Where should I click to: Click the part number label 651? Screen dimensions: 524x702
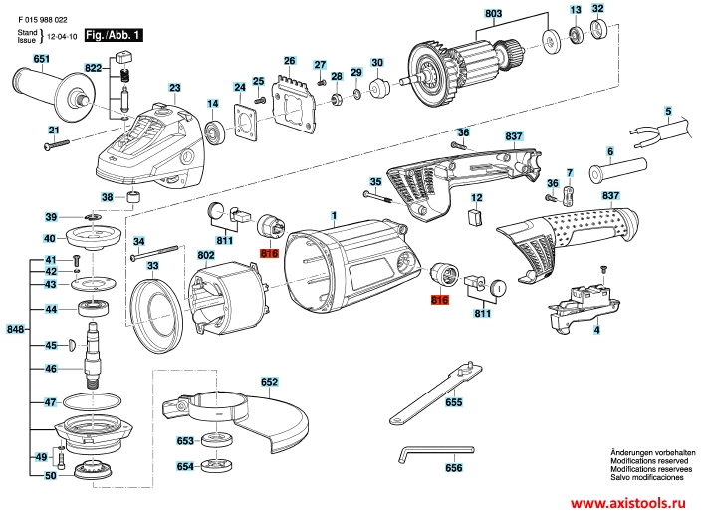pyautogui.click(x=41, y=60)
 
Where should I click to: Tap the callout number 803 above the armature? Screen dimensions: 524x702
pyautogui.click(x=492, y=13)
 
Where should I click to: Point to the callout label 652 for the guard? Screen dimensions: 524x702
pyautogui.click(x=270, y=382)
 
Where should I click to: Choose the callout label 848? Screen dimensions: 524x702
pyautogui.click(x=14, y=328)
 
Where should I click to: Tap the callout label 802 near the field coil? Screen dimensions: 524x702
pyautogui.click(x=207, y=256)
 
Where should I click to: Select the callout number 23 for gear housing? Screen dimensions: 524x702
pyautogui.click(x=174, y=89)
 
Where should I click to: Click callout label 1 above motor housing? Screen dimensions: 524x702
pyautogui.click(x=335, y=216)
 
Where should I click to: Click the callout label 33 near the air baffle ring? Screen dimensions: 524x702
pyautogui.click(x=152, y=266)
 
